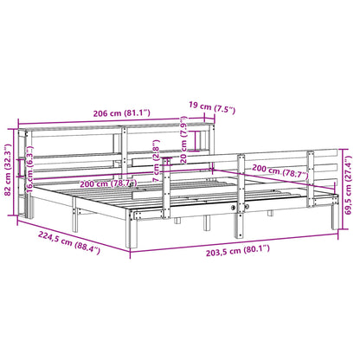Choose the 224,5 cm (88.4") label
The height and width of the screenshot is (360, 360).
pyautogui.click(x=69, y=252)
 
